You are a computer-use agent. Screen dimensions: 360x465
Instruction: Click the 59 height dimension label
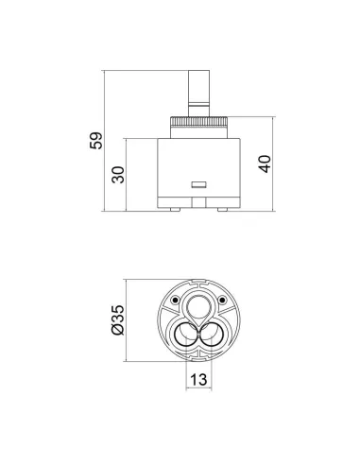tap(96, 141)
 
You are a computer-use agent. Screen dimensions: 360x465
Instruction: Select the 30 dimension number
tap(118, 175)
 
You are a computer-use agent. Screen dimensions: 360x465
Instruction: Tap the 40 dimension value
tap(265, 164)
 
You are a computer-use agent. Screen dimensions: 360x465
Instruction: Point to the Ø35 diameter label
tap(118, 320)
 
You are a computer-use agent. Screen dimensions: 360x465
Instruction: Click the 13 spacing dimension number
tap(198, 379)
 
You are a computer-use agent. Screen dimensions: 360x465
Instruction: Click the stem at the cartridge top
tap(198, 94)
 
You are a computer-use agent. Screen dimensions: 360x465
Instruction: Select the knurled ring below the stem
tap(198, 122)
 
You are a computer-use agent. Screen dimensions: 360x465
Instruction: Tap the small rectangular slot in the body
tap(198, 184)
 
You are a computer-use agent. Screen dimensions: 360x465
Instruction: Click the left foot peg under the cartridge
tap(175, 210)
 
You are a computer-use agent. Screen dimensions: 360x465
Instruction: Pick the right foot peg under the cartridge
tap(223, 210)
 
